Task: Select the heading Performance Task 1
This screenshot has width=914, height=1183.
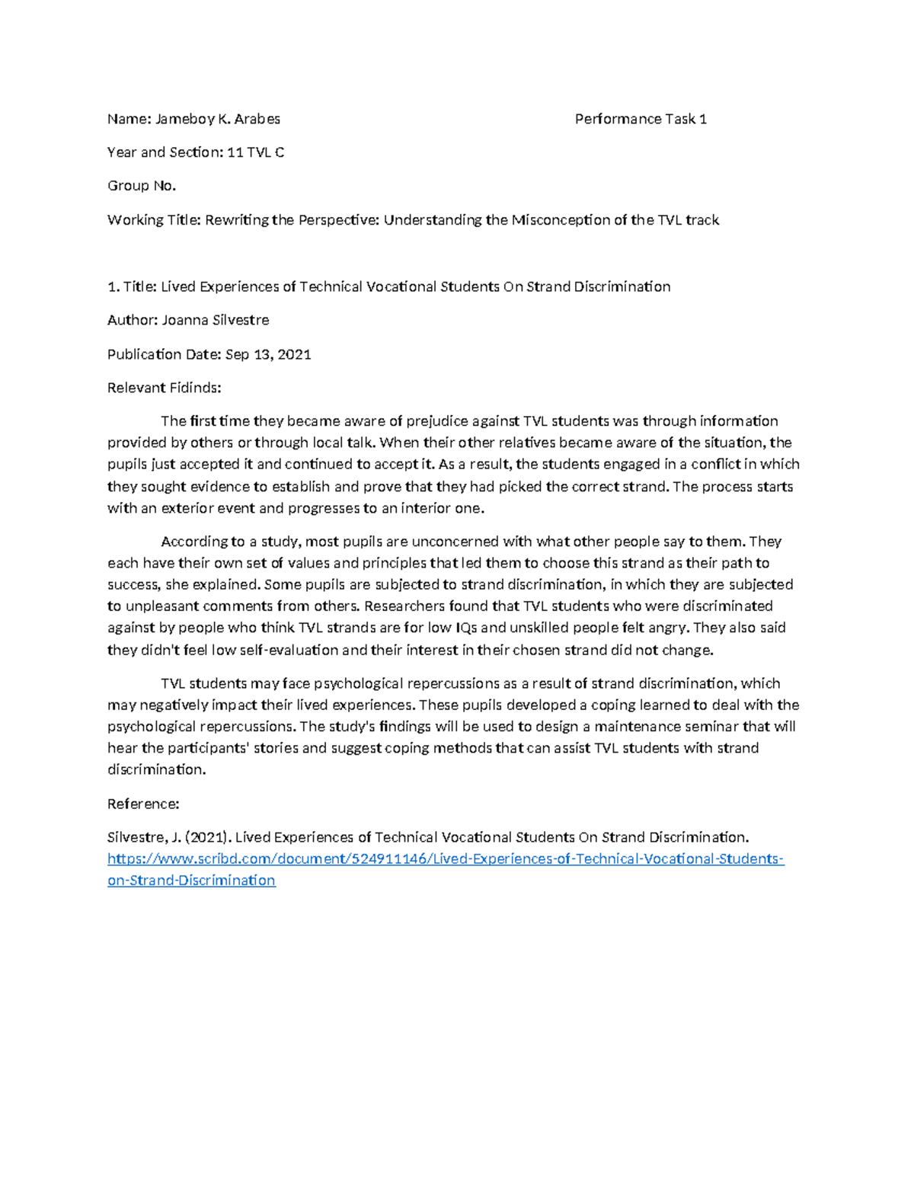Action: click(641, 119)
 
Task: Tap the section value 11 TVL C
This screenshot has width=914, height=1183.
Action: click(255, 152)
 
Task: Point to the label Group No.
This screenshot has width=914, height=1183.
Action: click(142, 186)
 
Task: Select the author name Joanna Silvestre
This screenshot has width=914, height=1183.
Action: click(216, 320)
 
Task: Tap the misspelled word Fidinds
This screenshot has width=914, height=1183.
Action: click(196, 388)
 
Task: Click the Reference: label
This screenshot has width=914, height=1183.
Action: click(143, 804)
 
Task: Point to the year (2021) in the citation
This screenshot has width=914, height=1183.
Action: click(209, 837)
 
